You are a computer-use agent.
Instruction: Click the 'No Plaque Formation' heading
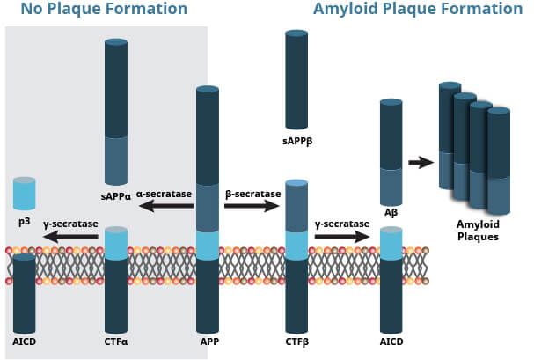[x=104, y=9]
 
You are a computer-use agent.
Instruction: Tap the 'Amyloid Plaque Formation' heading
[x=418, y=9]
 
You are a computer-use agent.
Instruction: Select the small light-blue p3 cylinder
[x=24, y=193]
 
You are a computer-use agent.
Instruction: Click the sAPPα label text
[x=116, y=197]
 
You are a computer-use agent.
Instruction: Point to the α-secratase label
[x=164, y=195]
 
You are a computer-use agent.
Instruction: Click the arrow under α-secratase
[x=166, y=206]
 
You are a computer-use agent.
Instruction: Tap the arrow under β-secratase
[x=252, y=206]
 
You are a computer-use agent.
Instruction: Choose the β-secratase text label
[x=253, y=195]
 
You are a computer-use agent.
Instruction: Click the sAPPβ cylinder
[x=296, y=80]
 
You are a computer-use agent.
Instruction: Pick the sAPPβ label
[x=297, y=142]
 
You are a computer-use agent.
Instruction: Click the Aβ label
[x=391, y=213]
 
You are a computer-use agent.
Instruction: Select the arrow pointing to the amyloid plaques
[x=421, y=163]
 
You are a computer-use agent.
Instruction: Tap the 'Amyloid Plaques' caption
[x=478, y=231]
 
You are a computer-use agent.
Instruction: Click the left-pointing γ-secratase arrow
[x=71, y=237]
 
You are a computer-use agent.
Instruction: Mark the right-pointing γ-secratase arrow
[x=342, y=237]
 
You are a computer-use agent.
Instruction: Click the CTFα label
[x=116, y=342]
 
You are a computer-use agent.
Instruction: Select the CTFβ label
[x=297, y=342]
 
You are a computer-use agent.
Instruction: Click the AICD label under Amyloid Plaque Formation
[x=391, y=342]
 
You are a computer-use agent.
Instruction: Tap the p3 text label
[x=24, y=222]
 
